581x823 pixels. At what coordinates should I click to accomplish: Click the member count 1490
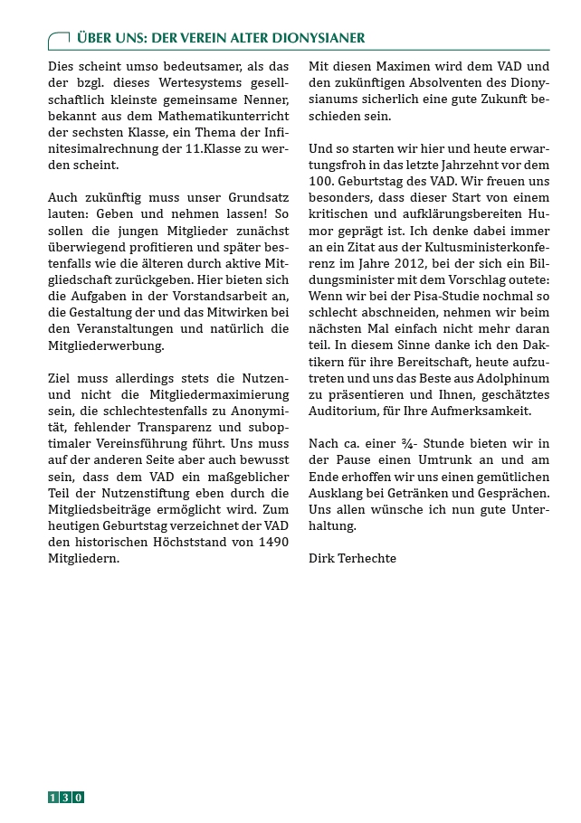tap(271, 541)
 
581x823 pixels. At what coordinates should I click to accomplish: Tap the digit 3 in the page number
tap(66, 797)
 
